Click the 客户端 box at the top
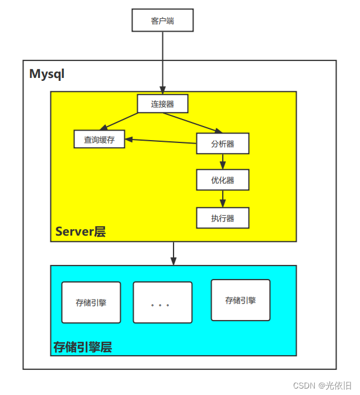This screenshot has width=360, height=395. (x=162, y=21)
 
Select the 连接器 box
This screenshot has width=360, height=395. (x=162, y=104)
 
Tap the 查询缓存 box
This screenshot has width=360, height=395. (x=99, y=139)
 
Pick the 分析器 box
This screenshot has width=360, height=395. (x=222, y=144)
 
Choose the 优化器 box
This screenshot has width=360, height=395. (x=222, y=180)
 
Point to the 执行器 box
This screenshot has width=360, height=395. (x=222, y=218)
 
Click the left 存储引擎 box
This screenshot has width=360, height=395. (x=91, y=302)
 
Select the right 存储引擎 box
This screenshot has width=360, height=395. (x=240, y=300)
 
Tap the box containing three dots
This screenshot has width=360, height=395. (x=162, y=302)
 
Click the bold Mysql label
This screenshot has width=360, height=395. (x=47, y=74)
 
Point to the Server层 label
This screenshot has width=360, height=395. (x=80, y=231)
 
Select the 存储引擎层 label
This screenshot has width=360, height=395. (x=83, y=347)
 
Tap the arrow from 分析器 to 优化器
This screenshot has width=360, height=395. (x=222, y=162)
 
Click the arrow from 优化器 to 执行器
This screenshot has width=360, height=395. (x=222, y=199)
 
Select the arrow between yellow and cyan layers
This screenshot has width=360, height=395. (x=173, y=253)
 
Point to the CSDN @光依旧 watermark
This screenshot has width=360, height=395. (x=322, y=385)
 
